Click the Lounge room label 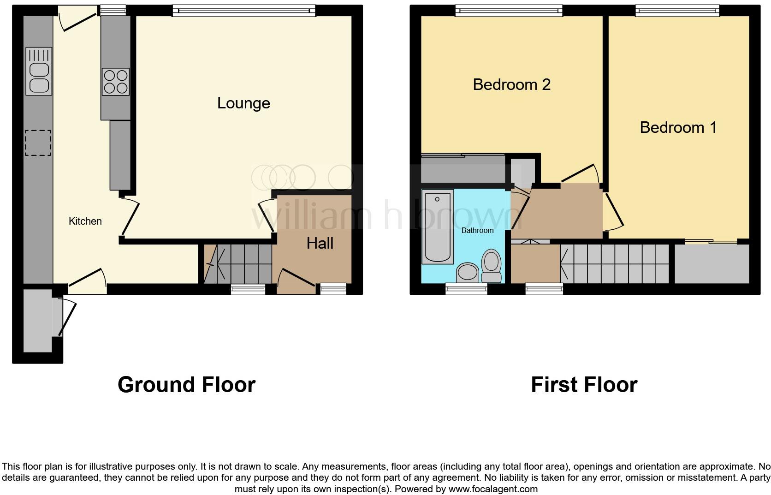(243, 103)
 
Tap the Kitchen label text (85, 221)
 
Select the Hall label (320, 243)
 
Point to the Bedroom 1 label (678, 127)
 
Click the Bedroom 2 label (511, 84)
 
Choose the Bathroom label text (477, 230)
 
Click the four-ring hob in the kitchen (115, 82)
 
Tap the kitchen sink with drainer (39, 72)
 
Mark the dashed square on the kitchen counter (38, 143)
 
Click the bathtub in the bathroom (438, 226)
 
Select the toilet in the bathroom (491, 265)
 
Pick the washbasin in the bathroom (468, 272)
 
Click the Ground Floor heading (186, 384)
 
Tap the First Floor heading (584, 384)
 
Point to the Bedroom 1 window (677, 10)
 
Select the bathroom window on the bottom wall (466, 289)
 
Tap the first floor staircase (615, 264)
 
